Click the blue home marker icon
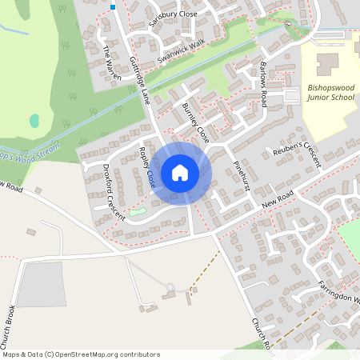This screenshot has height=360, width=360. click(180, 173)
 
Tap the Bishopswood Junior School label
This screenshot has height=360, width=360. click(330, 93)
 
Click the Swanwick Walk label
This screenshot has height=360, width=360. click(182, 50)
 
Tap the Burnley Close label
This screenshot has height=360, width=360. click(194, 122)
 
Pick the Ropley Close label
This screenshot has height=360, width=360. click(146, 166)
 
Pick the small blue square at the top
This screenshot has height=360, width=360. click(113, 6)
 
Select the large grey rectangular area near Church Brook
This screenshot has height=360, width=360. click(42, 284)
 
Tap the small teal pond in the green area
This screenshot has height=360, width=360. click(34, 121)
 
